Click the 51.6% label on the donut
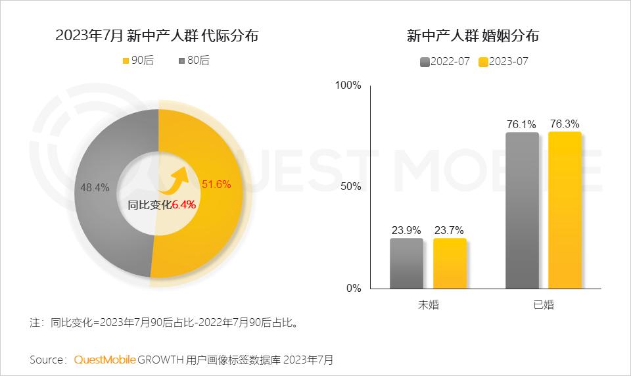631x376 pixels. pos(216,183)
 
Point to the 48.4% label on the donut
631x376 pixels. pos(95,187)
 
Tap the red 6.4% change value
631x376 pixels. pos(184,204)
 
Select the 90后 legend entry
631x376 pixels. pos(137,60)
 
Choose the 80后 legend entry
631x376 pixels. pos(194,60)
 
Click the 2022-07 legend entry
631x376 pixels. pos(445,62)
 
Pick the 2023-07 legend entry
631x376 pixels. pos(503,62)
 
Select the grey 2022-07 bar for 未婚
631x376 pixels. pos(406,263)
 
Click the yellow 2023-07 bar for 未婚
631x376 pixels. pos(450,263)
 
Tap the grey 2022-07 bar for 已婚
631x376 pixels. pos(522,210)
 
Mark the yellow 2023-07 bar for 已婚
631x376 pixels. pos(565,210)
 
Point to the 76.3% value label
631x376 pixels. pos(565,124)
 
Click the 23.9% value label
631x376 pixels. pos(406,230)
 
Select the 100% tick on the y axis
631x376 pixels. pos(348,85)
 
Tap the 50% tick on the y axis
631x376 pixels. pos(351,187)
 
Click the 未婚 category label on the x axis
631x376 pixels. pos(428,305)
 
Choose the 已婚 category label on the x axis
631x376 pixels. pos(544,305)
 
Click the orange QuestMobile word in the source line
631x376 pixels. pos(105,360)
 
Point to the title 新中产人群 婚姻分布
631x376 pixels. pos(473,36)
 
